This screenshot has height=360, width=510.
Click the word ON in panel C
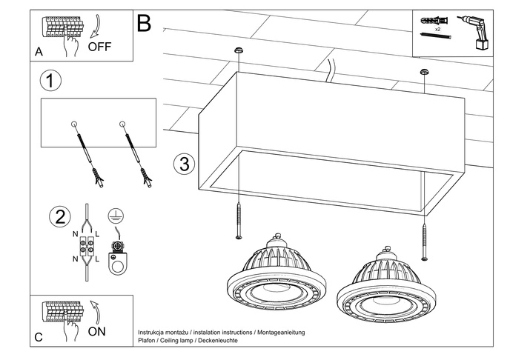click(96, 331)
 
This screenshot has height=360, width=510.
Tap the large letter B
click(144, 24)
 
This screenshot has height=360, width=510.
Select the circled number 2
click(59, 218)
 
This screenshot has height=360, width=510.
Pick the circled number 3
click(185, 164)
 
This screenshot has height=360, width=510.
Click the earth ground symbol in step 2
click(116, 215)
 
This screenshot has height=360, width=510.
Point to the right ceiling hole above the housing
click(424, 72)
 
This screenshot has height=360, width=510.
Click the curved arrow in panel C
click(93, 310)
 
